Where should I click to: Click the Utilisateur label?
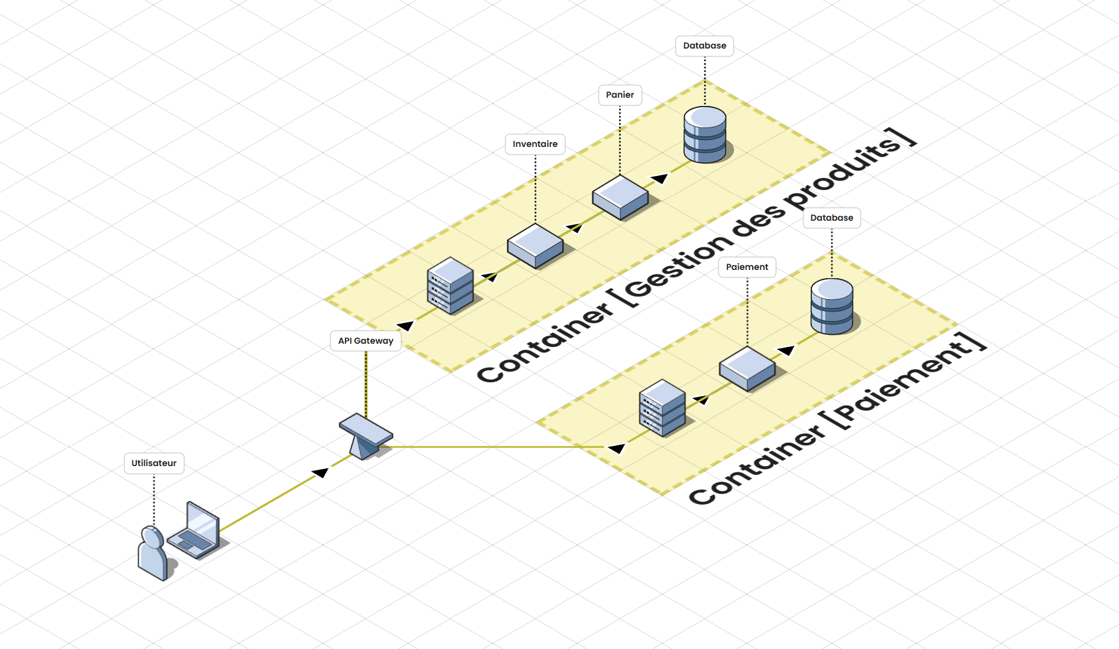click(154, 463)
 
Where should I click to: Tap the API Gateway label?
click(366, 341)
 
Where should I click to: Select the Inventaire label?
click(535, 144)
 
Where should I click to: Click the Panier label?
click(620, 95)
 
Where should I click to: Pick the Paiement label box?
click(747, 267)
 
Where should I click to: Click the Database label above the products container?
click(704, 45)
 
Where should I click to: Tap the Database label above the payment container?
click(832, 218)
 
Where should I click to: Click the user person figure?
click(153, 554)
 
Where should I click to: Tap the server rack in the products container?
click(450, 286)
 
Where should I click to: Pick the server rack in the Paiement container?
click(662, 408)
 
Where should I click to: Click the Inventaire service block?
click(535, 246)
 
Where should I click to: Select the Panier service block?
click(620, 197)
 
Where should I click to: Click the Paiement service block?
click(747, 369)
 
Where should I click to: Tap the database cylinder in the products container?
click(705, 134)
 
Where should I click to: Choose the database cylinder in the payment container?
click(832, 307)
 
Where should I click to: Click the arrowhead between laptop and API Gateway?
click(321, 472)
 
